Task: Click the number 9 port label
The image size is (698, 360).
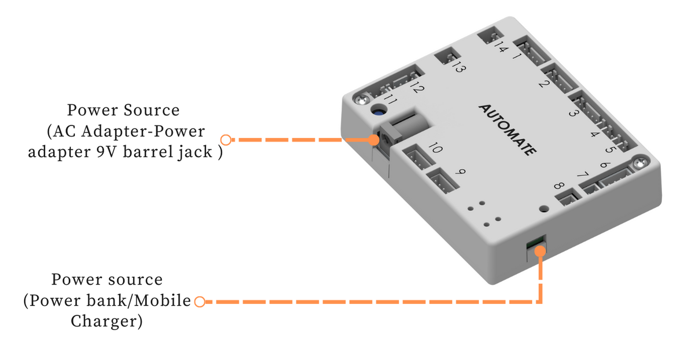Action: pos(459,172)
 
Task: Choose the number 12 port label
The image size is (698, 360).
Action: pos(417,88)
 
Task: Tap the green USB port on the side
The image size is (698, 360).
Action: pos(535,243)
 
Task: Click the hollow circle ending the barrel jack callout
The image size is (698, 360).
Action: pos(226,139)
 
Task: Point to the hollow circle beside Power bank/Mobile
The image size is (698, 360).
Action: pos(200,302)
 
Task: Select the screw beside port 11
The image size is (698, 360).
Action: pos(360,100)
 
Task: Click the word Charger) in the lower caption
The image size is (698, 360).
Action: pos(106,321)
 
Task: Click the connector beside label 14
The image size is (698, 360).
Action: pos(487,37)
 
